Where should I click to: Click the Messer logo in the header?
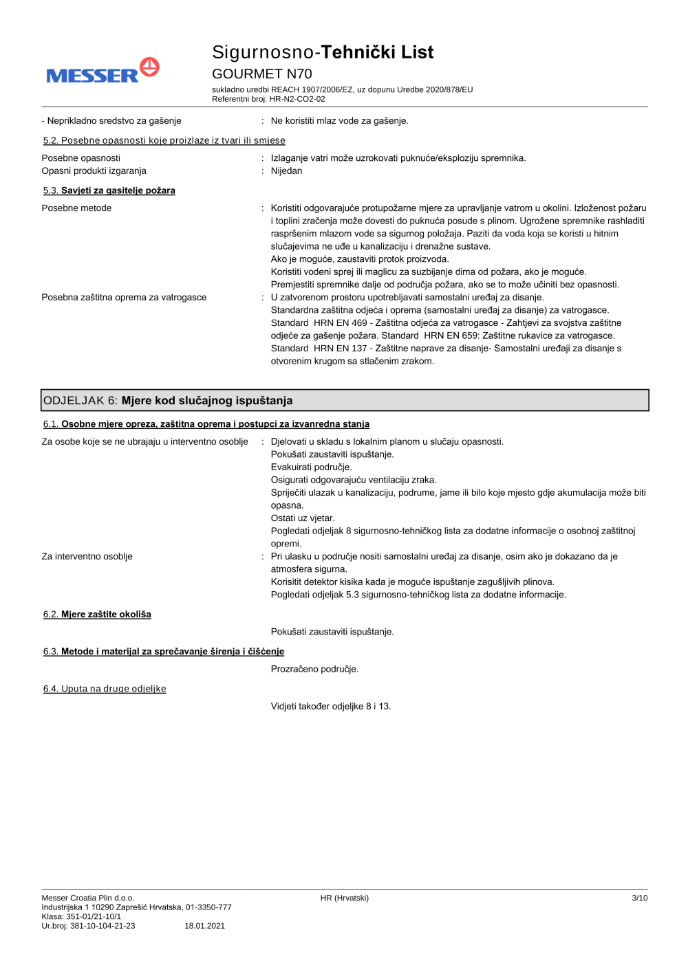[x=103, y=71]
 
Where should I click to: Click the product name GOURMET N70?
[x=261, y=74]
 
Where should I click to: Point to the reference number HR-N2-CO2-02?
[x=297, y=99]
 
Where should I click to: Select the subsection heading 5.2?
[x=164, y=140]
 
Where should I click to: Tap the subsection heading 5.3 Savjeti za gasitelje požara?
[x=109, y=190]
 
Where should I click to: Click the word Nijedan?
[x=286, y=170]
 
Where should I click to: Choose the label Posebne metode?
[x=76, y=208]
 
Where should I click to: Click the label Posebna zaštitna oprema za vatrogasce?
[x=124, y=298]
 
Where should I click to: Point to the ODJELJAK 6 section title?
[x=168, y=400]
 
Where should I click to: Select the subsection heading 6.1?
[x=206, y=424]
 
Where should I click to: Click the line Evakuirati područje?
[x=311, y=467]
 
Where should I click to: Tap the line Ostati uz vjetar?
[x=303, y=518]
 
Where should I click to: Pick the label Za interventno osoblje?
[x=87, y=557]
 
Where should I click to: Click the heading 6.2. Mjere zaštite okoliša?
[x=97, y=615]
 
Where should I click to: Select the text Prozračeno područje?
[x=314, y=669]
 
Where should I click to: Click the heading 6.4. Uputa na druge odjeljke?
[x=105, y=689]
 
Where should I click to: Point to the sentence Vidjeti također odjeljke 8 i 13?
[x=330, y=706]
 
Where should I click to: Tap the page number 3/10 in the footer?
[x=639, y=898]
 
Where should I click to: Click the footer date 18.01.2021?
[x=204, y=926]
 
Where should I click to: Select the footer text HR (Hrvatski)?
[x=344, y=898]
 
